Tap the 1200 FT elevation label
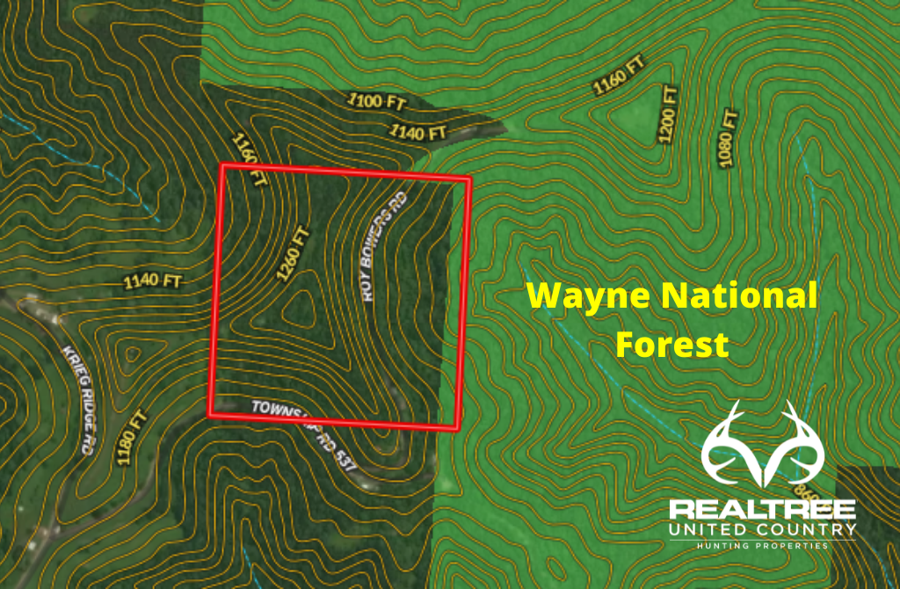(x=668, y=114)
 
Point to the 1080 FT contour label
(x=726, y=138)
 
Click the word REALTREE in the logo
(x=761, y=511)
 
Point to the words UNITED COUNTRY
(x=761, y=529)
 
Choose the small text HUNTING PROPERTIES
(x=761, y=546)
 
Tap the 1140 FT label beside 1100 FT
(x=417, y=133)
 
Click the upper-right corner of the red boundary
(x=470, y=179)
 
